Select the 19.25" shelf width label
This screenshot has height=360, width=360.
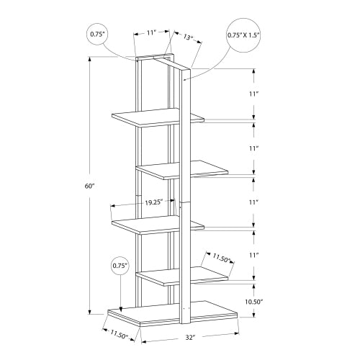[x=153, y=202]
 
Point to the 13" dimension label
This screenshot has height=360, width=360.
[x=189, y=37]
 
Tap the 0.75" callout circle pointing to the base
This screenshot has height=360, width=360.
[x=120, y=266]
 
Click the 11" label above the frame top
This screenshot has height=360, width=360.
[x=153, y=32]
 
